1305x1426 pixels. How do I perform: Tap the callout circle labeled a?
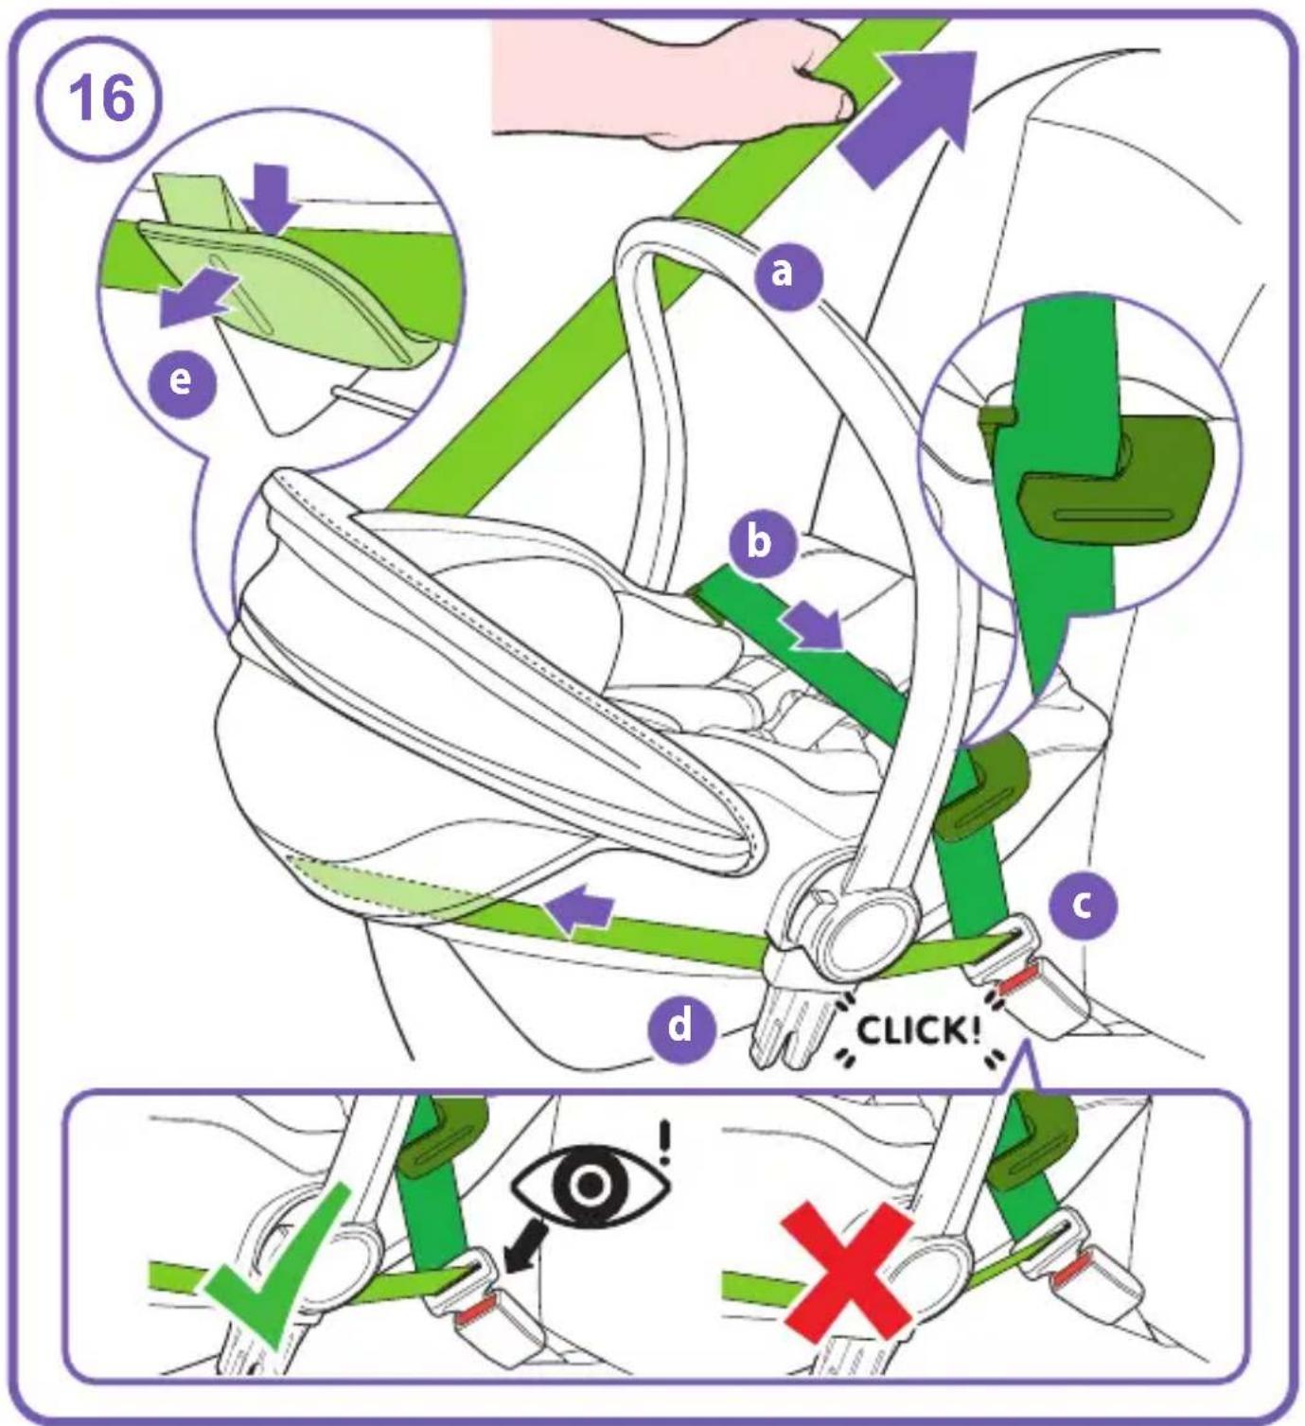[x=783, y=273]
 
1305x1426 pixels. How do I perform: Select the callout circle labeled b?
[x=759, y=544]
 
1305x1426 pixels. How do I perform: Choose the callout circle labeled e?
[x=181, y=382]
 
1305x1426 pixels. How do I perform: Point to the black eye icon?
[x=591, y=1184]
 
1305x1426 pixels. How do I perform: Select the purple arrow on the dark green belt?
[x=814, y=625]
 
